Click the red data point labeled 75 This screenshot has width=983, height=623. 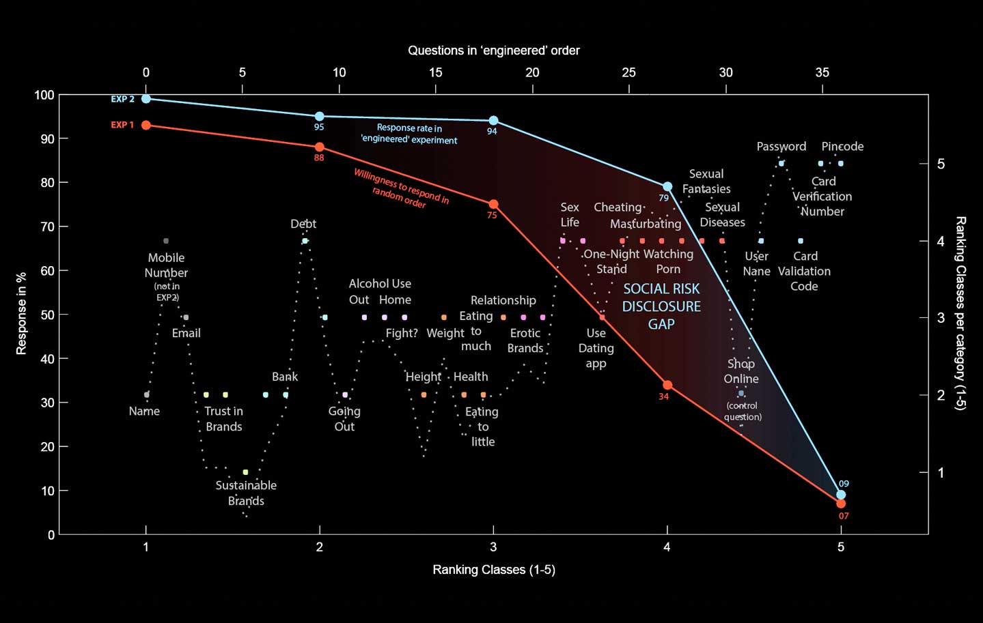pyautogui.click(x=493, y=204)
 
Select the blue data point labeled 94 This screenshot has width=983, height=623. pyautogui.click(x=493, y=121)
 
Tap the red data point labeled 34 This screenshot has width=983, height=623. pyautogui.click(x=667, y=385)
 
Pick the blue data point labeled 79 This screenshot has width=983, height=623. pyautogui.click(x=667, y=186)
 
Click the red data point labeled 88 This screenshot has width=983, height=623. pyautogui.click(x=320, y=147)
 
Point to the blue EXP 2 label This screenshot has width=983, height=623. pyautogui.click(x=123, y=99)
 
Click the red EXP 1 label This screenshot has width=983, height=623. pyautogui.click(x=123, y=125)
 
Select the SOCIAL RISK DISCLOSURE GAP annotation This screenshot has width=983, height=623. pyautogui.click(x=661, y=306)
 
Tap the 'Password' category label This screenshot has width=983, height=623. pyautogui.click(x=781, y=147)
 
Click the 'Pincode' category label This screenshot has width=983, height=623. pyautogui.click(x=842, y=147)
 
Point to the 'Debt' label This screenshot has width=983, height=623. pyautogui.click(x=303, y=224)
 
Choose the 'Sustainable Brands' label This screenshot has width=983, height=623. pyautogui.click(x=246, y=493)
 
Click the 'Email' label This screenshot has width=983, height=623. pyautogui.click(x=186, y=333)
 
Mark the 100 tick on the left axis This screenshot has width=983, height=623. pyautogui.click(x=44, y=95)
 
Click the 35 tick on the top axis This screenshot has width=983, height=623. pyautogui.click(x=822, y=72)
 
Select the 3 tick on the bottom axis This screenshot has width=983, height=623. pyautogui.click(x=493, y=547)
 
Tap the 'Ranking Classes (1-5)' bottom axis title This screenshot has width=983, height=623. pyautogui.click(x=493, y=570)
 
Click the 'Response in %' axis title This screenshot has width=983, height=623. pyautogui.click(x=21, y=313)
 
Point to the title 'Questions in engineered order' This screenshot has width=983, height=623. pyautogui.click(x=493, y=50)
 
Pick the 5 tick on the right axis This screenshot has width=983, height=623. pyautogui.click(x=941, y=164)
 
